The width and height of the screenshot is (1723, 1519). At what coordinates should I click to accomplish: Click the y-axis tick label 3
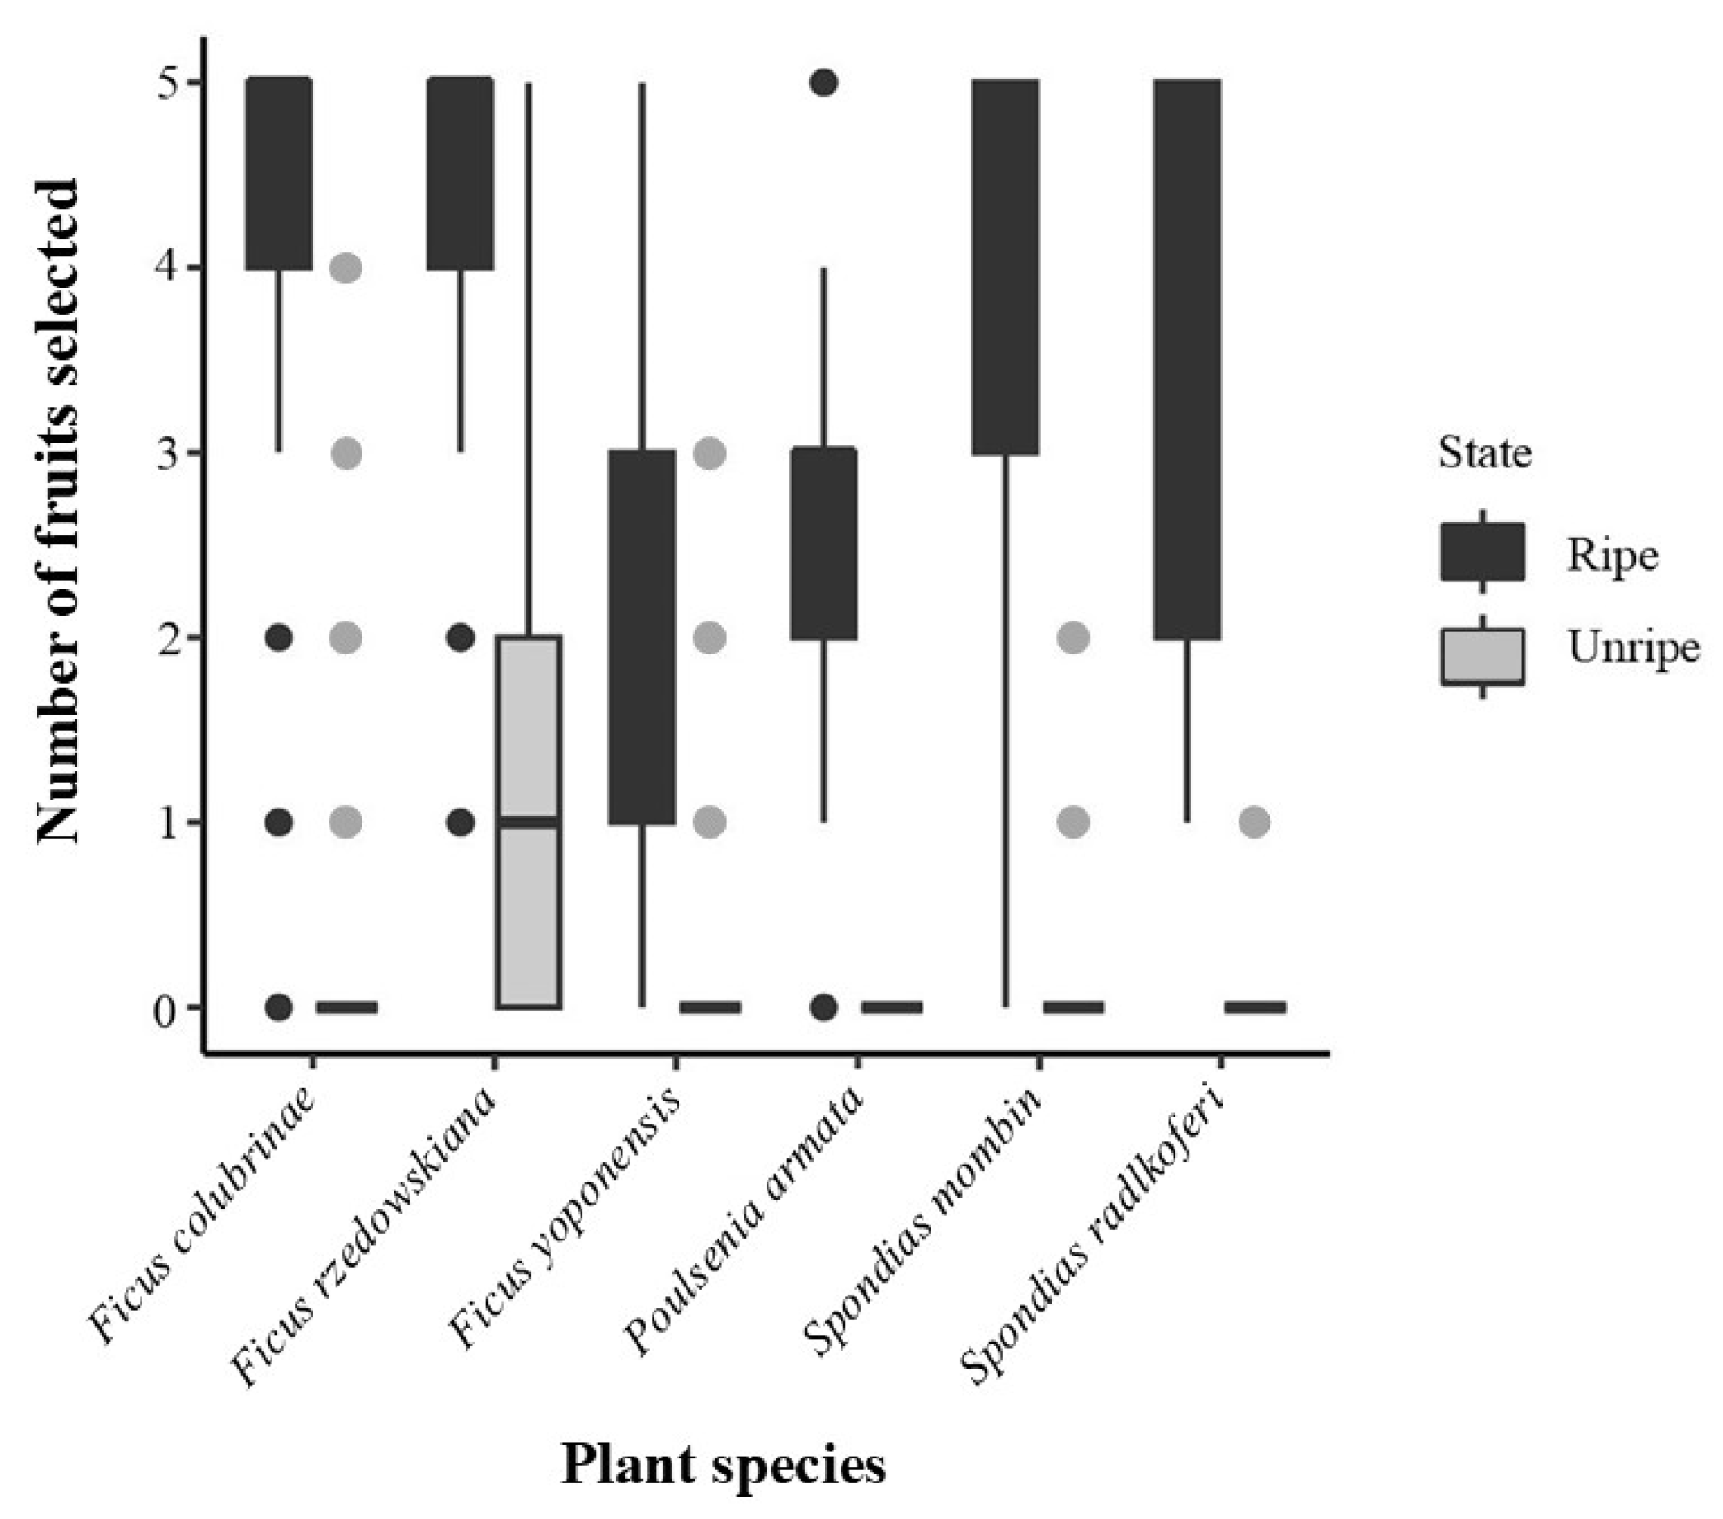click(166, 453)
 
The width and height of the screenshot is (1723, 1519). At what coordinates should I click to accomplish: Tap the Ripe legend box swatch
click(1482, 552)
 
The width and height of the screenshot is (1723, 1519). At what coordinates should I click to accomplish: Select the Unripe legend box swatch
click(1482, 656)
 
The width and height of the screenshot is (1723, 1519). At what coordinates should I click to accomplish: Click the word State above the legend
click(1484, 453)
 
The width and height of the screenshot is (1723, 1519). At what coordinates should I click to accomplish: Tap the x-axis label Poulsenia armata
click(744, 1219)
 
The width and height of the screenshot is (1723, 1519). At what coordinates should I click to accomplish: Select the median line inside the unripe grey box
click(529, 822)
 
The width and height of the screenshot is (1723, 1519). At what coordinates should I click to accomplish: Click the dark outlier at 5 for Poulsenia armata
click(824, 83)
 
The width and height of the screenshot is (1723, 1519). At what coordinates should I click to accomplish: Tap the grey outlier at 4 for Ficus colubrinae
click(345, 267)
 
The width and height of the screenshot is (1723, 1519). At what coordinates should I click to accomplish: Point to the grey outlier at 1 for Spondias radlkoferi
click(1254, 821)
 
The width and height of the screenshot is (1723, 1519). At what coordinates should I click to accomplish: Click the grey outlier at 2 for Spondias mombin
click(1073, 638)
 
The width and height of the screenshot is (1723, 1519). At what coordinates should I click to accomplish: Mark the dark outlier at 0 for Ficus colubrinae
click(279, 1007)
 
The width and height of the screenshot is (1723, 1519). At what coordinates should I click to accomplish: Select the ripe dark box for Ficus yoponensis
click(642, 637)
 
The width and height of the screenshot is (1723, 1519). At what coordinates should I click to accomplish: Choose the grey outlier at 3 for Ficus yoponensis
click(709, 453)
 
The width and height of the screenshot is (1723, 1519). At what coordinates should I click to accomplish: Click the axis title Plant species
click(723, 1466)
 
